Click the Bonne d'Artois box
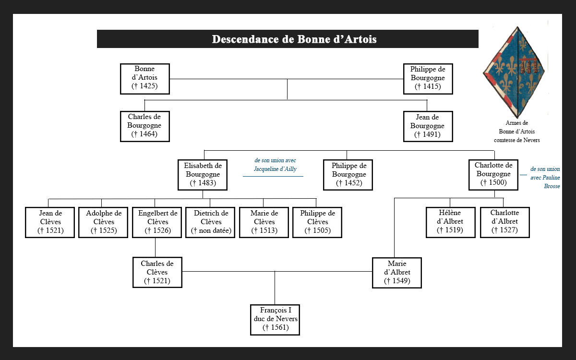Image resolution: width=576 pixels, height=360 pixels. click(144, 79)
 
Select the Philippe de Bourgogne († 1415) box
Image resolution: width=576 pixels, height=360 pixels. click(428, 79)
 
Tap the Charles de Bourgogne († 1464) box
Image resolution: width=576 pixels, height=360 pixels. click(144, 126)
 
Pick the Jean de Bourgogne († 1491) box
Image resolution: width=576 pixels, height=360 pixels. click(428, 126)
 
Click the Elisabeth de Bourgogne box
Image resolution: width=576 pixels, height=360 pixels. click(203, 175)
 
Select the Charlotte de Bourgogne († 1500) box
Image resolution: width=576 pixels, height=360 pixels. click(494, 175)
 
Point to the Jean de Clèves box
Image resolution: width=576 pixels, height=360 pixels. click(50, 222)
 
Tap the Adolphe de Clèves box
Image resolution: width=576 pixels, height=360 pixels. click(104, 222)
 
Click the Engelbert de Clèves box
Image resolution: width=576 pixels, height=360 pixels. click(157, 222)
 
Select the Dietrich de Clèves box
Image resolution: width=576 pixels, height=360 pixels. click(211, 222)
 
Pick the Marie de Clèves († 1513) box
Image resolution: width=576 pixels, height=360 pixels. click(264, 222)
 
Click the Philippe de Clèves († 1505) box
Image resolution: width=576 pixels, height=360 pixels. click(317, 222)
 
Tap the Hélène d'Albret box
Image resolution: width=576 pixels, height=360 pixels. click(450, 222)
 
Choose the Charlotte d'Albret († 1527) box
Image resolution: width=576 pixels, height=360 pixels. click(504, 222)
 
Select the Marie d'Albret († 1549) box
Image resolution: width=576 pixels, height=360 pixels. click(397, 273)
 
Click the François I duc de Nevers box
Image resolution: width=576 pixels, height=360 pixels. click(276, 320)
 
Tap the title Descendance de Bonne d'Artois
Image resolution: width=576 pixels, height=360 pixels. click(288, 39)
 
